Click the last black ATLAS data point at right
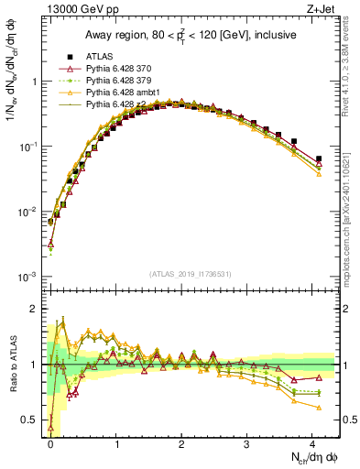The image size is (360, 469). click(x=319, y=159)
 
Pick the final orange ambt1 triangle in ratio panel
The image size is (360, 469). click(x=319, y=407)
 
